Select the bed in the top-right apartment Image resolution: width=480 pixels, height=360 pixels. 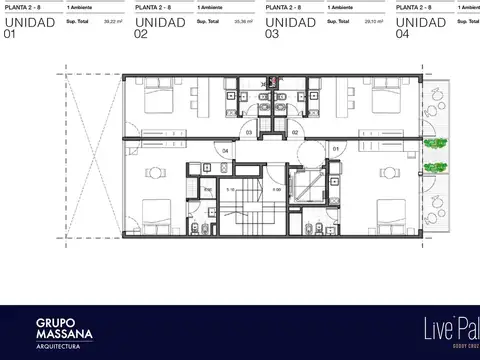pyautogui.click(x=386, y=104)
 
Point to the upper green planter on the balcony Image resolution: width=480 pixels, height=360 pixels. pyautogui.click(x=435, y=143)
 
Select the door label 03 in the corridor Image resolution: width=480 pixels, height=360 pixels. pyautogui.click(x=249, y=131)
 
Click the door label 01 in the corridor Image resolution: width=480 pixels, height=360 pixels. pyautogui.click(x=336, y=151)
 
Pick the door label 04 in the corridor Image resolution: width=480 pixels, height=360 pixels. pyautogui.click(x=226, y=151)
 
